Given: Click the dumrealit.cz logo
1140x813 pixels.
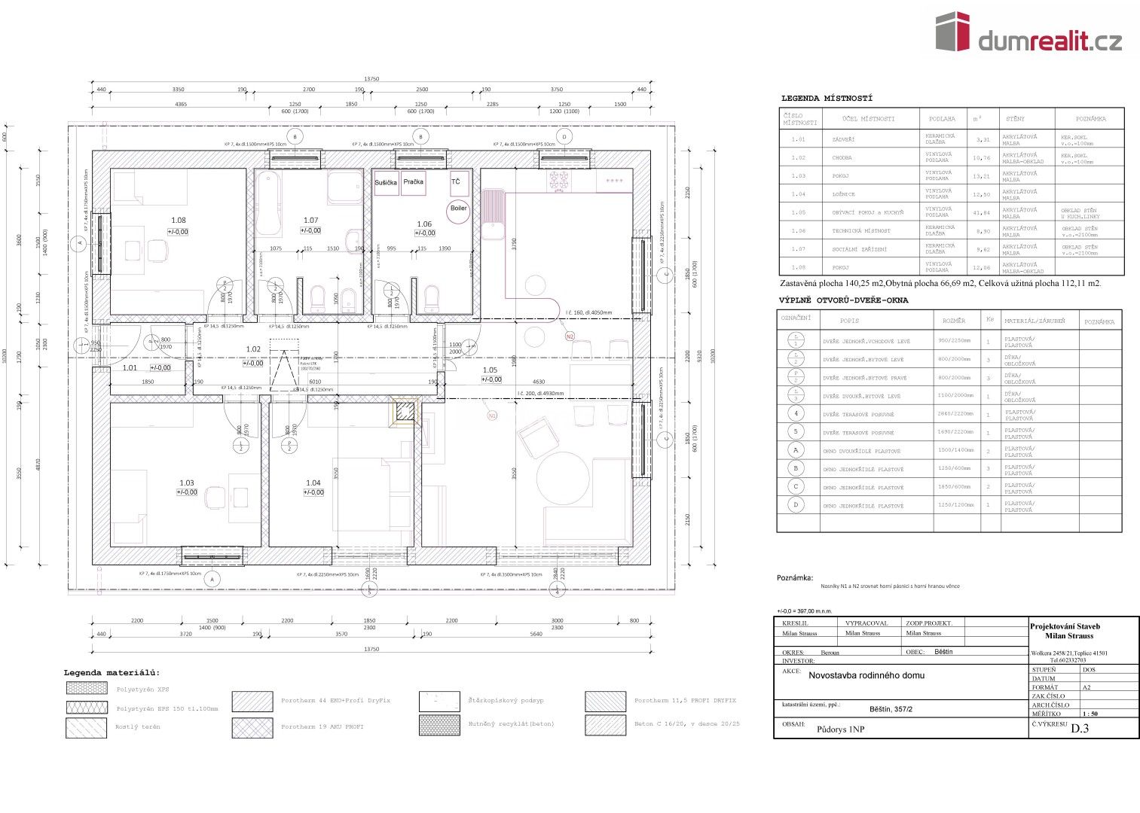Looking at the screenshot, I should click(x=1028, y=33).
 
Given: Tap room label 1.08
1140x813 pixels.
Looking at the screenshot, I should click(x=178, y=221).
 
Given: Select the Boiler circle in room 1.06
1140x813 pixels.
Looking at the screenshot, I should click(x=458, y=209).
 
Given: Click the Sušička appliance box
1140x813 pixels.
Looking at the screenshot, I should click(x=387, y=183).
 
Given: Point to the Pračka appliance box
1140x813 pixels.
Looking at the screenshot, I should click(x=413, y=182).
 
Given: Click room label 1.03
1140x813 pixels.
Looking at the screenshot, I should click(x=186, y=483).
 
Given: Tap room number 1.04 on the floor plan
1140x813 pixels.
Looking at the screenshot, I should click(x=313, y=483).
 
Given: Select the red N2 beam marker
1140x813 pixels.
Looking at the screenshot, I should click(x=570, y=336).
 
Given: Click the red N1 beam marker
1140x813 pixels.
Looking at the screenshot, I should click(x=492, y=415).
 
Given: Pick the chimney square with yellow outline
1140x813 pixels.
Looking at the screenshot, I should click(x=405, y=411).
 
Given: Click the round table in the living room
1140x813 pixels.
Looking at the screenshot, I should click(x=563, y=478).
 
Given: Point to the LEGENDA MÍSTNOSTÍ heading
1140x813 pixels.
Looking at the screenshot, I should click(x=827, y=99).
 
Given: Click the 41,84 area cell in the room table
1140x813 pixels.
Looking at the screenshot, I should click(x=982, y=212).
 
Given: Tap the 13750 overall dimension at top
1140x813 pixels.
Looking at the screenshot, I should click(x=371, y=78).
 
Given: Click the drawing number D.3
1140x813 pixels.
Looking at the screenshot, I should click(x=1080, y=728).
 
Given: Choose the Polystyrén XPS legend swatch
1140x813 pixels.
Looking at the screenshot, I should click(x=87, y=689).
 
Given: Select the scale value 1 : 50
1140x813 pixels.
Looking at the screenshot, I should click(x=1090, y=714).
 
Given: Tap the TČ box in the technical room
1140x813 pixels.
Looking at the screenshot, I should click(x=456, y=182).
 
